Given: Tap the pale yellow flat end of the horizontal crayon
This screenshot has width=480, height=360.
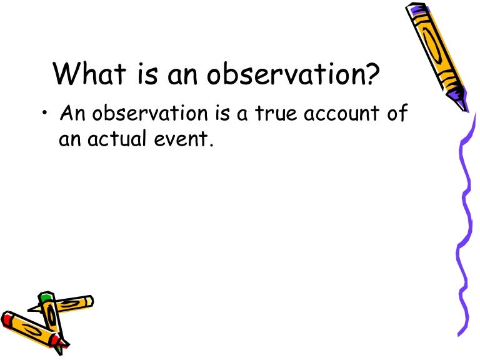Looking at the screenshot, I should coord(87,301).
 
